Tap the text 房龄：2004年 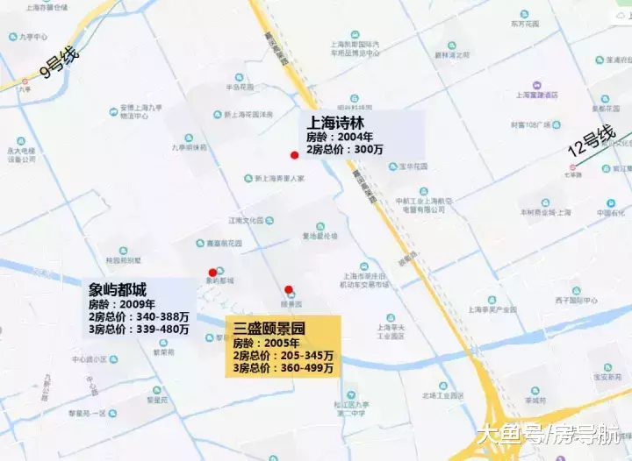pos(340,137)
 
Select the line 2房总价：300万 pos(345,150)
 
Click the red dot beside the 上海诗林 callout pos(294,155)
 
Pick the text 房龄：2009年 pos(121,304)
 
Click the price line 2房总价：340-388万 pos(138,316)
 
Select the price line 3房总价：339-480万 pos(138,330)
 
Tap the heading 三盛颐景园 pos(269,329)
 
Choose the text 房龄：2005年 pos(265,343)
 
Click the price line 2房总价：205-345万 pos(283,356)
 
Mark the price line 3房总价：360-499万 pos(283,368)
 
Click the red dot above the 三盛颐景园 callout pos(288,289)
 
